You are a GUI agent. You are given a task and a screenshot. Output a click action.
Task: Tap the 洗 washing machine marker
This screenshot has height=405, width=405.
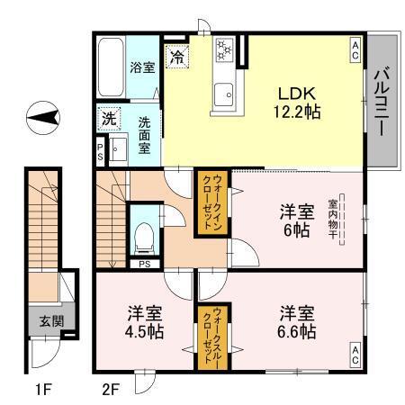click(109, 118)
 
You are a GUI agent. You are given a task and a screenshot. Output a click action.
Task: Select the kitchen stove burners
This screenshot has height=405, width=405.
click(224, 52)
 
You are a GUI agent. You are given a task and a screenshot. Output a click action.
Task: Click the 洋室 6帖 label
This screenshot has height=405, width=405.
click(296, 220)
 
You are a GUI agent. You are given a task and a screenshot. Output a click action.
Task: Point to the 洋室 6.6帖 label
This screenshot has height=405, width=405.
click(296, 322)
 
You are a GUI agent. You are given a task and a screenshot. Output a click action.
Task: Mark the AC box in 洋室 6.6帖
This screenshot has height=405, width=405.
click(355, 355)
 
